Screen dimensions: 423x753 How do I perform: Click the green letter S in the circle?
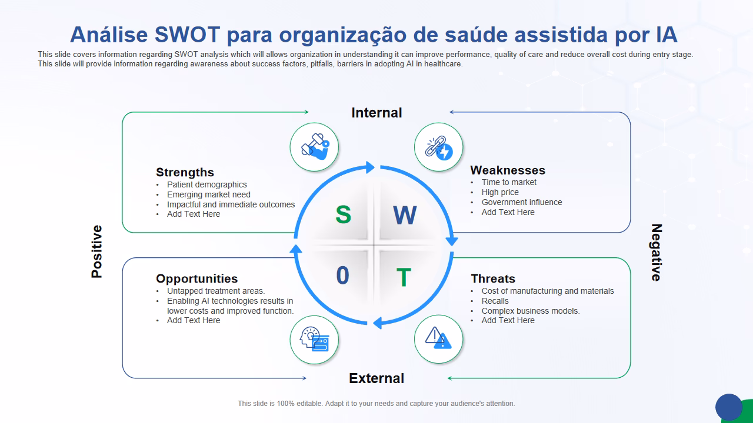pyautogui.click(x=343, y=214)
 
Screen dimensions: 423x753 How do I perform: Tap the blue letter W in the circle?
pyautogui.click(x=405, y=216)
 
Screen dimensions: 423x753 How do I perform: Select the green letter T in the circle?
pyautogui.click(x=404, y=277)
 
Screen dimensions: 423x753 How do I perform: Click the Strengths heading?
pyautogui.click(x=185, y=172)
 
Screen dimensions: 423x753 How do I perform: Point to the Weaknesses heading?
pyautogui.click(x=508, y=170)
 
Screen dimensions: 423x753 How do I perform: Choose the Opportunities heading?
pyautogui.click(x=196, y=278)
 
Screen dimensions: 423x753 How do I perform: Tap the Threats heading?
pyautogui.click(x=493, y=278)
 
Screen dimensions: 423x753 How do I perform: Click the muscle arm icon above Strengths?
pyautogui.click(x=315, y=147)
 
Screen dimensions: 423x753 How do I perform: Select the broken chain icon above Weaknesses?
pyautogui.click(x=439, y=147)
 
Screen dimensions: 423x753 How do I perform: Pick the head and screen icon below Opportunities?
pyautogui.click(x=315, y=339)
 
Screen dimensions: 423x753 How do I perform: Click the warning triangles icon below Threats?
pyautogui.click(x=439, y=339)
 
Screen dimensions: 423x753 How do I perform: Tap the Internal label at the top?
pyautogui.click(x=376, y=113)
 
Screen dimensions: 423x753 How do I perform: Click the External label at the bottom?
pyautogui.click(x=376, y=378)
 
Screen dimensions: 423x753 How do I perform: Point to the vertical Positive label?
pyautogui.click(x=97, y=251)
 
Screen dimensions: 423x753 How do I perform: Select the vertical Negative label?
pyautogui.click(x=657, y=252)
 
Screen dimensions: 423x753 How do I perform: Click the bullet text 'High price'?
pyautogui.click(x=500, y=192)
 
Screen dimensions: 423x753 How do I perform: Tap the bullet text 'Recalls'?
pyautogui.click(x=495, y=301)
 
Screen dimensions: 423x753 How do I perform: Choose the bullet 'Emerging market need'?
pyautogui.click(x=209, y=194)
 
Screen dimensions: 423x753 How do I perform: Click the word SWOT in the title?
pyautogui.click(x=188, y=35)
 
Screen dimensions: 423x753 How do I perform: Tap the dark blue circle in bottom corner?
pyautogui.click(x=729, y=407)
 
